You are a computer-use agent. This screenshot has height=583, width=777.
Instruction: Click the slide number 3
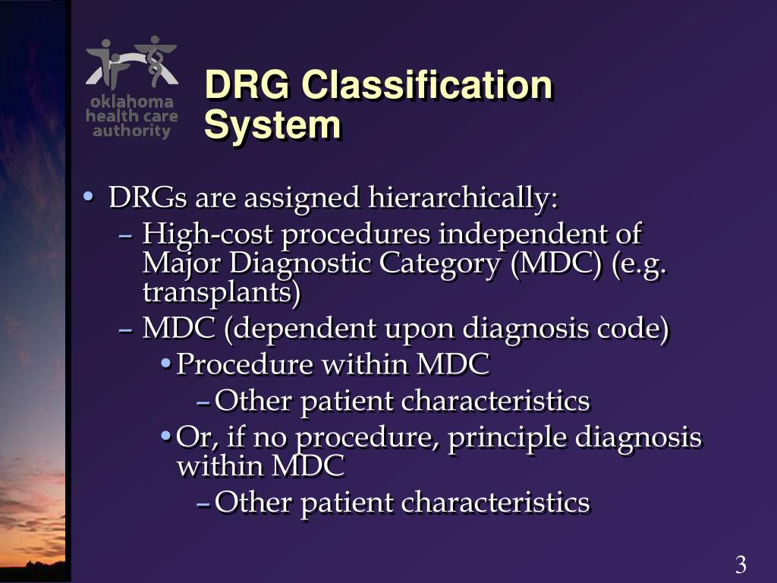click(x=741, y=565)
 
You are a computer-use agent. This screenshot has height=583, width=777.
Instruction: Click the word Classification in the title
click(x=426, y=85)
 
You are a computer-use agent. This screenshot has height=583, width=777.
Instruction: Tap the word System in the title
click(x=272, y=124)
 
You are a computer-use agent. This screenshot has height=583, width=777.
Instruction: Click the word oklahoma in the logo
click(x=131, y=102)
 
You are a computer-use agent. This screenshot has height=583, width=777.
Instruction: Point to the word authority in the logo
click(x=131, y=131)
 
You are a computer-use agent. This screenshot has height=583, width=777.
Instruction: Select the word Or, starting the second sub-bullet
click(x=190, y=438)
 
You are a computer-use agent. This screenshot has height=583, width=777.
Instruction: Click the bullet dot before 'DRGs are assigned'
click(x=89, y=197)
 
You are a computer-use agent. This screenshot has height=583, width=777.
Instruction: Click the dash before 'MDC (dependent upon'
click(x=127, y=330)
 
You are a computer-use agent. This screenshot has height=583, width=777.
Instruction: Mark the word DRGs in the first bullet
click(x=148, y=199)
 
